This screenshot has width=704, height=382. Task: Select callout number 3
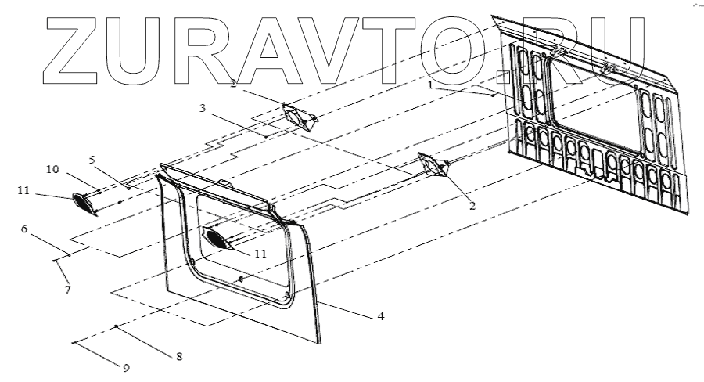pos(203,109)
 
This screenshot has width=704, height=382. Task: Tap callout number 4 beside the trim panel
pos(381,316)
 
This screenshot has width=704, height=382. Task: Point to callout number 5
pos(92,160)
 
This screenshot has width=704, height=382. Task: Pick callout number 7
pos(68,290)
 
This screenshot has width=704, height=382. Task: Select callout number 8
pos(179,355)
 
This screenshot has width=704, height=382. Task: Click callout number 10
pos(51,170)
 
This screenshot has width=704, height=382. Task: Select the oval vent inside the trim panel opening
pos(218,238)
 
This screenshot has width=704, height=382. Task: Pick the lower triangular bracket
pos(433,165)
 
